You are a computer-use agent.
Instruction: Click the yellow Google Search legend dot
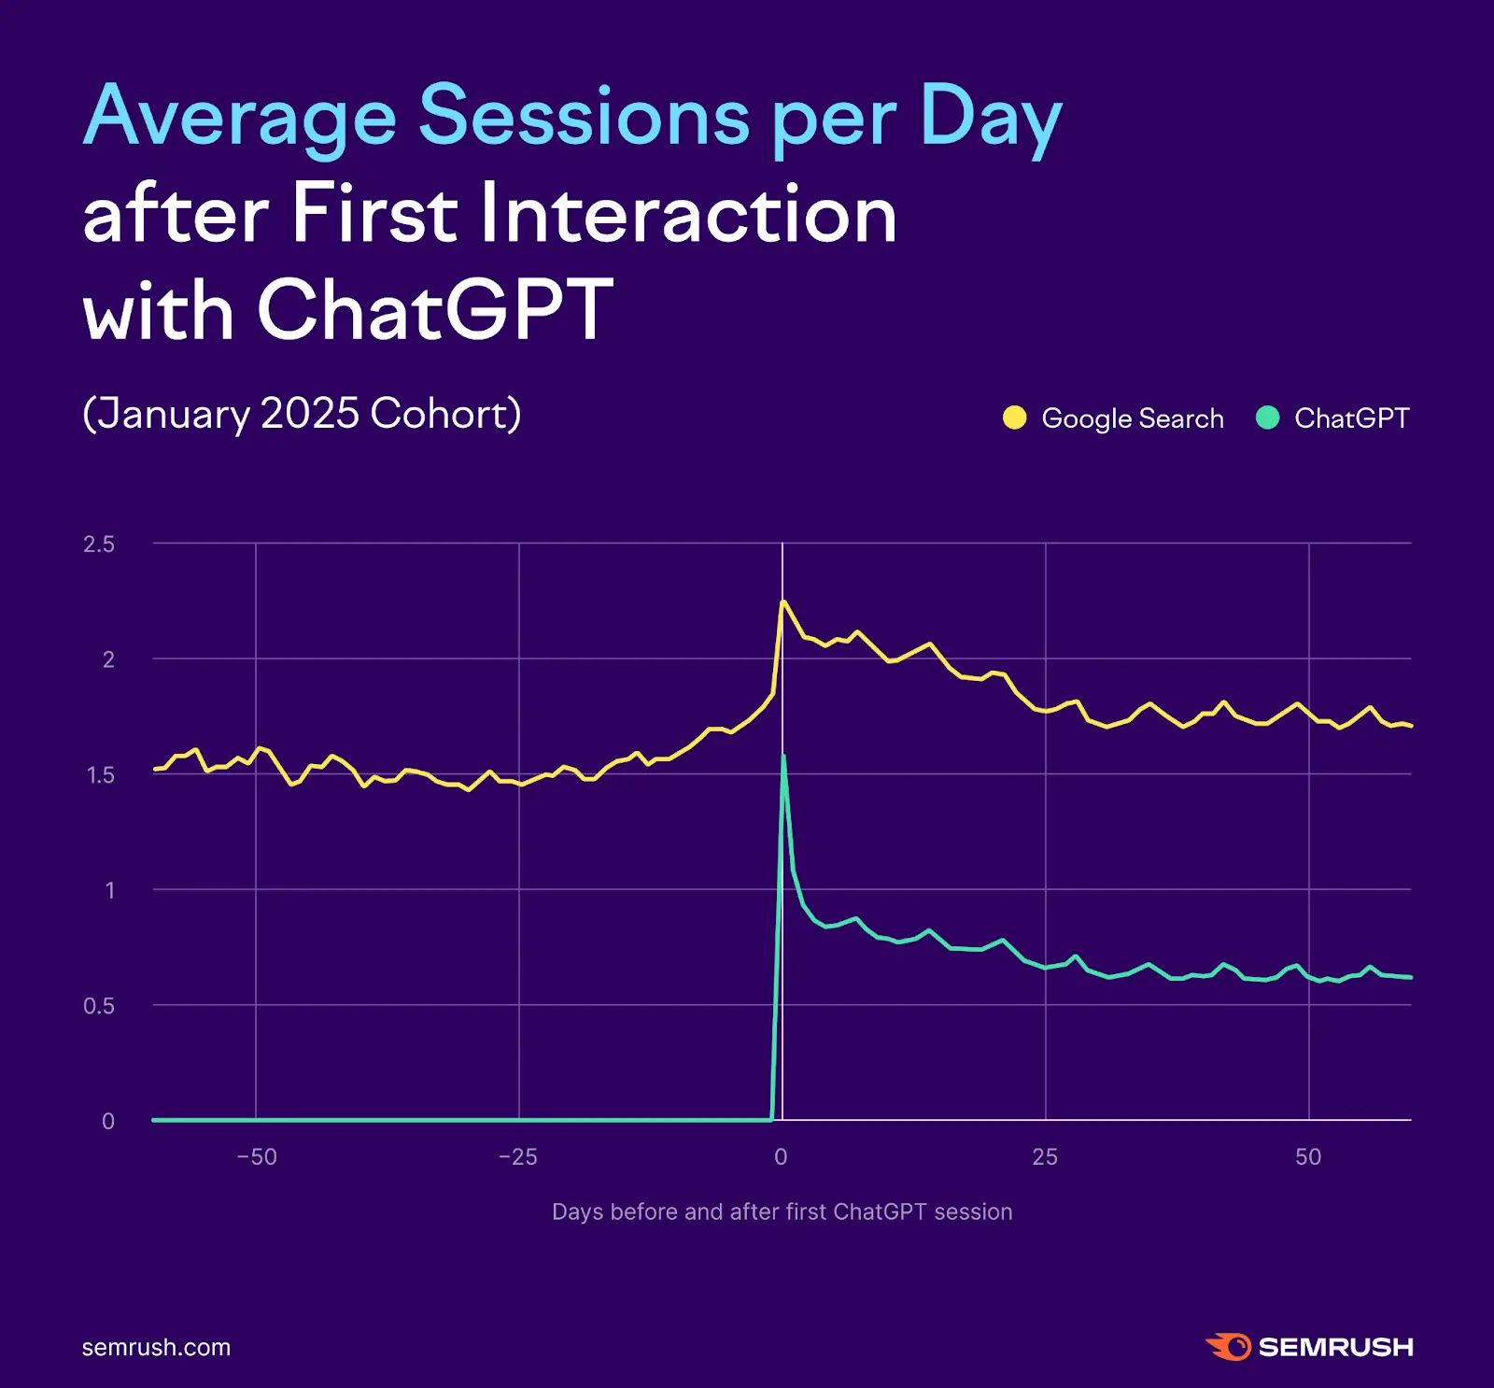(1014, 418)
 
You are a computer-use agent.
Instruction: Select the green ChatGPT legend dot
(1267, 418)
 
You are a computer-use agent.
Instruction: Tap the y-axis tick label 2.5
(99, 545)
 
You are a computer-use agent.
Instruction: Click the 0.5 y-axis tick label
(99, 1006)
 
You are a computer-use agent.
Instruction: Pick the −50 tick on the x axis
(257, 1157)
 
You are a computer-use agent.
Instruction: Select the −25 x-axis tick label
(518, 1157)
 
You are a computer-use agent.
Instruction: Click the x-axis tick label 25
(1045, 1157)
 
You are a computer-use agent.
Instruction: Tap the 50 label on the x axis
(1308, 1157)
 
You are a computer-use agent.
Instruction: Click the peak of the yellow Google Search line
(783, 602)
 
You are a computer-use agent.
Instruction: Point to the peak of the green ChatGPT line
(783, 756)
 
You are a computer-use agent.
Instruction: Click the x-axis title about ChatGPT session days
(782, 1211)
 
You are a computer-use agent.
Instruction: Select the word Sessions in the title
(584, 118)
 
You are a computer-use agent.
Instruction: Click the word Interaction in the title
(688, 215)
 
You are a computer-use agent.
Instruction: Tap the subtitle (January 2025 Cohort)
(302, 414)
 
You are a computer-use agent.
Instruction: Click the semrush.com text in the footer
(156, 1347)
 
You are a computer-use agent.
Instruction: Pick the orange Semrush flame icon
(1228, 1347)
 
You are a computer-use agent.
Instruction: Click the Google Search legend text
(1132, 418)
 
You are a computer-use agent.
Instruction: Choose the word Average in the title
(239, 118)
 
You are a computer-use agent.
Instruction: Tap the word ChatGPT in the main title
(435, 310)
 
